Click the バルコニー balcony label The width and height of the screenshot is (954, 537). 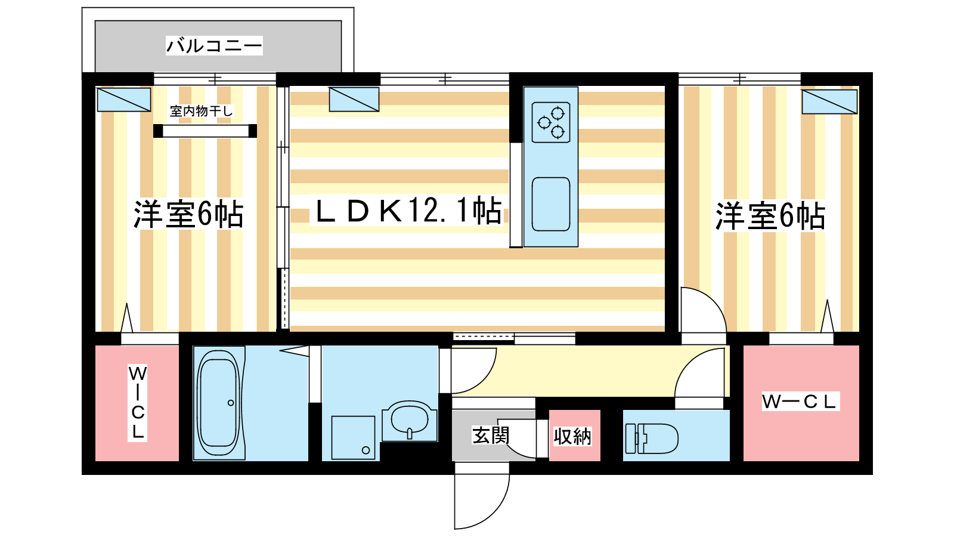click(x=214, y=45)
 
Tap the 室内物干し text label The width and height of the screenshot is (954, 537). click(x=201, y=111)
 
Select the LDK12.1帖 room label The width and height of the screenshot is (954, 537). click(x=408, y=210)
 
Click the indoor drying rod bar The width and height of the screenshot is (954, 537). click(x=205, y=131)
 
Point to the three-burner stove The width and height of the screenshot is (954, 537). click(x=551, y=122)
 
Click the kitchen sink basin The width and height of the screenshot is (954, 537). click(x=551, y=204)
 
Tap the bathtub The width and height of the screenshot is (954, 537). click(x=219, y=403)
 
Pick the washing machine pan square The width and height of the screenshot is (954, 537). click(x=353, y=438)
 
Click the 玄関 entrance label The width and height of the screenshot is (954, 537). click(x=491, y=436)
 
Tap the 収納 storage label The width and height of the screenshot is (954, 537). click(x=572, y=436)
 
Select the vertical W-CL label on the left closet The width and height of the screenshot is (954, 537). click(x=137, y=403)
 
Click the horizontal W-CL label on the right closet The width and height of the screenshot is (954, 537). click(x=801, y=402)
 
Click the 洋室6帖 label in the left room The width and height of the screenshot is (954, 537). click(x=188, y=214)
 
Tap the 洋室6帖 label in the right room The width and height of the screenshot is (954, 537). click(x=770, y=216)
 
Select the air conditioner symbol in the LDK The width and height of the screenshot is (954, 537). click(x=354, y=99)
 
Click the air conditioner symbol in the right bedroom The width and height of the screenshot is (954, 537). click(x=829, y=101)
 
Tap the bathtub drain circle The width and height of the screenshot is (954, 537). click(x=231, y=403)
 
